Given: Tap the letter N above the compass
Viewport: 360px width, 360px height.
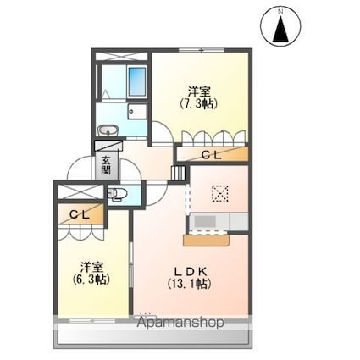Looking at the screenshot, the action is click(280, 12).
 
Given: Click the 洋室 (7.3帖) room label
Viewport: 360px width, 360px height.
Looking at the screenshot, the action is click(199, 98).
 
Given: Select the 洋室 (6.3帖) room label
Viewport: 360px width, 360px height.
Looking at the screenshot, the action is click(91, 273).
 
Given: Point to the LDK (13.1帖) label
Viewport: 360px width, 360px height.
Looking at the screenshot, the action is click(189, 278).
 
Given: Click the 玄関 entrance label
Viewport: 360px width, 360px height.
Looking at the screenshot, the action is click(106, 165).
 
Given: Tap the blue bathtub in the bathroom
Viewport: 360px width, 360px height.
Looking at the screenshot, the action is click(137, 81).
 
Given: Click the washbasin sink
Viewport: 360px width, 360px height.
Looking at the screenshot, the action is click(108, 130).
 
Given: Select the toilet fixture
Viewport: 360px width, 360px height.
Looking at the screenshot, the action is click(117, 194).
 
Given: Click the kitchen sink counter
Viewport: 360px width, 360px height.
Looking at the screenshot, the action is click(208, 222).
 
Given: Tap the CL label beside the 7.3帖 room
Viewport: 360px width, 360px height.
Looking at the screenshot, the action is click(212, 155).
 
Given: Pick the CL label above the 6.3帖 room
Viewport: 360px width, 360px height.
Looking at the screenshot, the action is click(80, 215).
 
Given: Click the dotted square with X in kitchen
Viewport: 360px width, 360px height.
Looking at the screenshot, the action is click(220, 193).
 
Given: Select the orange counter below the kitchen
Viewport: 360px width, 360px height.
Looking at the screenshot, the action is click(207, 241).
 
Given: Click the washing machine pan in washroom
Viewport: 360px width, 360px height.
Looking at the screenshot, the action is click(137, 111).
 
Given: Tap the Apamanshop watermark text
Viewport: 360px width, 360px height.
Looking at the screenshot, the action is click(180, 322).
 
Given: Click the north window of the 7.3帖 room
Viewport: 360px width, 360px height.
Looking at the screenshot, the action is click(202, 51).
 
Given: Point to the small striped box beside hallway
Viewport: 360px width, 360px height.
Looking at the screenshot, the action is click(179, 173).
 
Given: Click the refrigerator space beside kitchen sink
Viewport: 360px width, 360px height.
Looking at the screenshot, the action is click(239, 222).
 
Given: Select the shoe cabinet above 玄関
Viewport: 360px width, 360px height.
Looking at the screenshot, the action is click(108, 146).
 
